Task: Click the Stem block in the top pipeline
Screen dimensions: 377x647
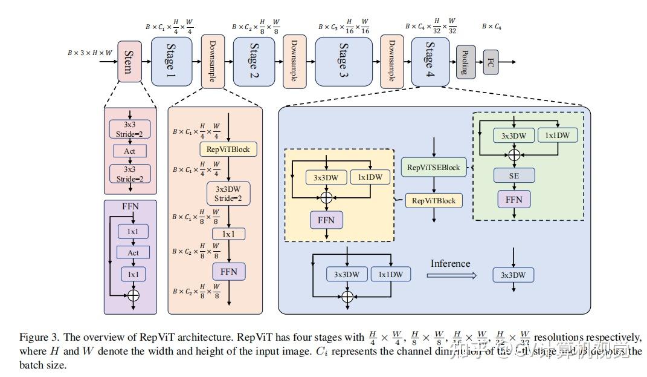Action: [x=129, y=61]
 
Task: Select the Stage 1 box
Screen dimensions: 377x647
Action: [x=171, y=61]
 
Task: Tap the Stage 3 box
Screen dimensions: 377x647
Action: [x=343, y=61]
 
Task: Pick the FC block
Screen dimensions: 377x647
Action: [x=490, y=62]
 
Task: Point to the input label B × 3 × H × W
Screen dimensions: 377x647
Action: [x=89, y=53]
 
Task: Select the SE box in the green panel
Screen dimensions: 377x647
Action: [x=513, y=175]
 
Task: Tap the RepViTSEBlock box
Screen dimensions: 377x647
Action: [x=433, y=167]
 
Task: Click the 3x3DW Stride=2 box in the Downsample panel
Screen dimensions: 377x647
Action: [x=228, y=193]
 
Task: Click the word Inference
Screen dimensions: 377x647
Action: [x=450, y=263]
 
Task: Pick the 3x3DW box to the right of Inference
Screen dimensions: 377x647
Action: [x=513, y=275]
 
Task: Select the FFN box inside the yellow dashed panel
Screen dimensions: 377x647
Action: [x=326, y=220]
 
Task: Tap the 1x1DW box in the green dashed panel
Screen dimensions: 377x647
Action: [x=557, y=136]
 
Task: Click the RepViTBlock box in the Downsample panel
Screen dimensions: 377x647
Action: [x=228, y=148]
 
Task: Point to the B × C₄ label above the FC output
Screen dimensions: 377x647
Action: [x=491, y=27]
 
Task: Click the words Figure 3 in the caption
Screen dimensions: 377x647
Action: [x=38, y=337]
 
